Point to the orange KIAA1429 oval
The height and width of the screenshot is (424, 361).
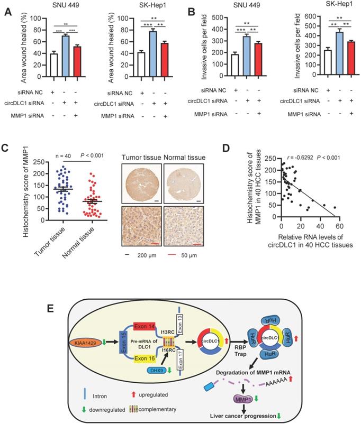[86, 328]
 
